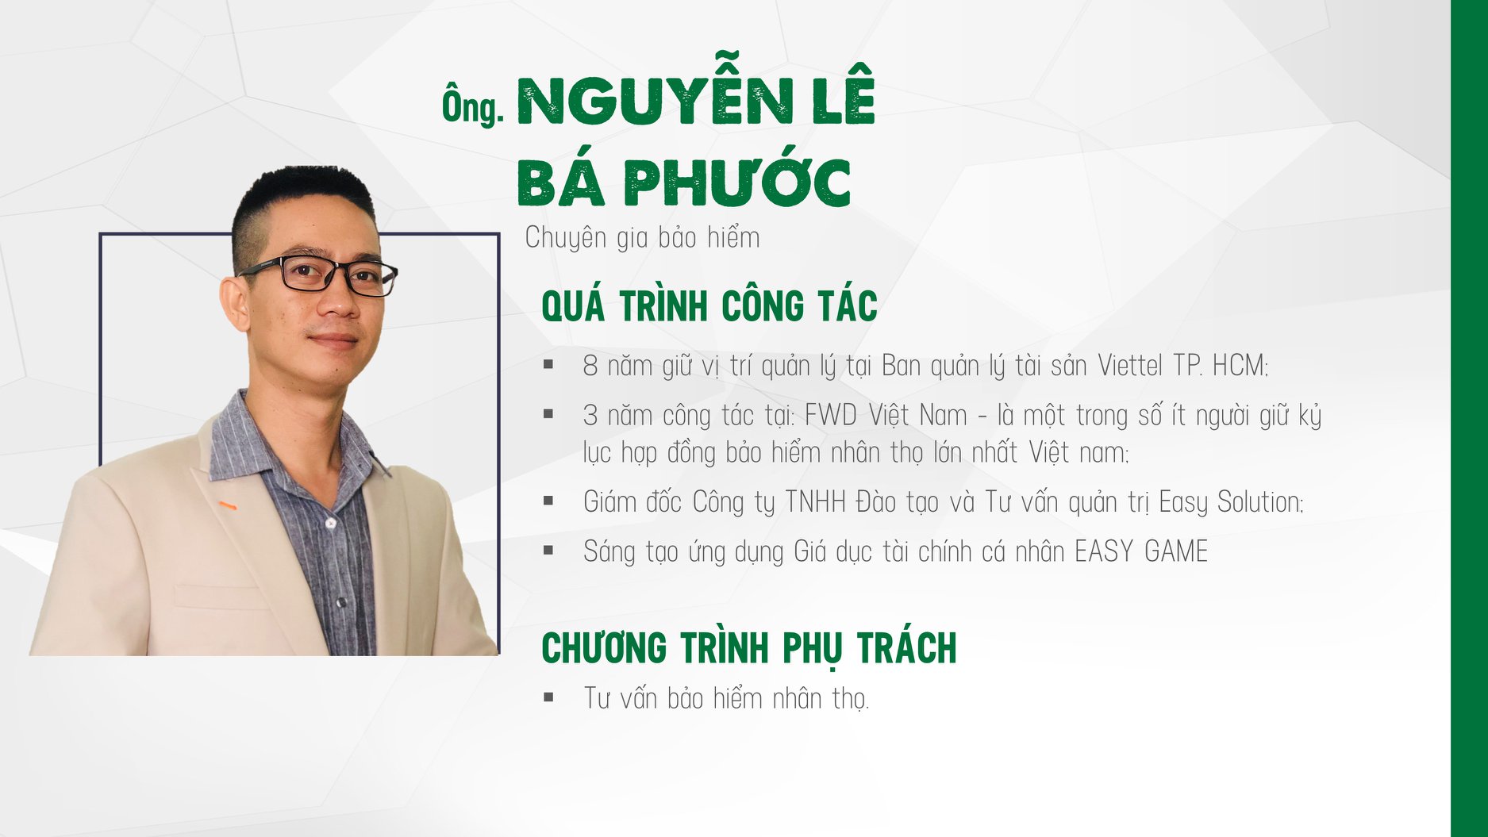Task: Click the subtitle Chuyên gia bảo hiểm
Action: tap(642, 237)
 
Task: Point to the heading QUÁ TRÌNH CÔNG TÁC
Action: tap(709, 306)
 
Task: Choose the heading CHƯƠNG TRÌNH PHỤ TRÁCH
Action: tap(749, 648)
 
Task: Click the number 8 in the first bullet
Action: tap(590, 366)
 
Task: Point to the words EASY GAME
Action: tap(1141, 551)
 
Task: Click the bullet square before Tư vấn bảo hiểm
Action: tap(548, 697)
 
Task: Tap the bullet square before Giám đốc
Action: tap(548, 501)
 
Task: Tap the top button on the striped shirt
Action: tap(330, 523)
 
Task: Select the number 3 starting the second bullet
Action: tap(590, 416)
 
